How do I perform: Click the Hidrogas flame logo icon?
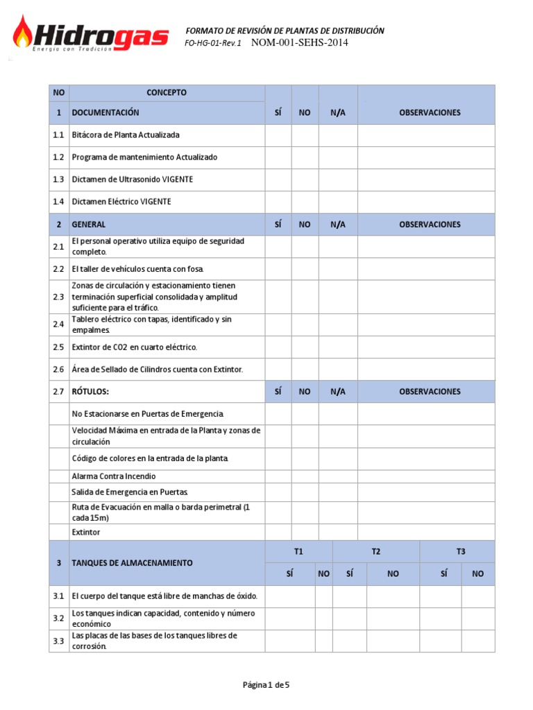(24, 33)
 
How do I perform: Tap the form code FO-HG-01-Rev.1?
(213, 43)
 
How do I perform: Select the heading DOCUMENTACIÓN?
(105, 112)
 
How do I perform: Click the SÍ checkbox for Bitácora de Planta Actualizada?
(278, 135)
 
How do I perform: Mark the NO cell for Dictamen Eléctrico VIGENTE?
(305, 202)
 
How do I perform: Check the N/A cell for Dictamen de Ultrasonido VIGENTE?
(338, 180)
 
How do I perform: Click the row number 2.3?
(58, 297)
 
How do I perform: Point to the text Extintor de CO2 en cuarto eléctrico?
(135, 347)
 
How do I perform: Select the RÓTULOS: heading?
(91, 392)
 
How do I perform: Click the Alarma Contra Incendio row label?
(114, 476)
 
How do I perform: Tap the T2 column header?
(375, 552)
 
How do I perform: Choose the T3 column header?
(461, 552)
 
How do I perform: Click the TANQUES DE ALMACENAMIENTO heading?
(132, 563)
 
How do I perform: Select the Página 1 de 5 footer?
(266, 685)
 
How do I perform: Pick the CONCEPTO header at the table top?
(167, 92)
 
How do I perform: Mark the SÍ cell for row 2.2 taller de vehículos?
(278, 269)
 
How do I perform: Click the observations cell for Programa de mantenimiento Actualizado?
(426, 157)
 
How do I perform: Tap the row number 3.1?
(58, 596)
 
